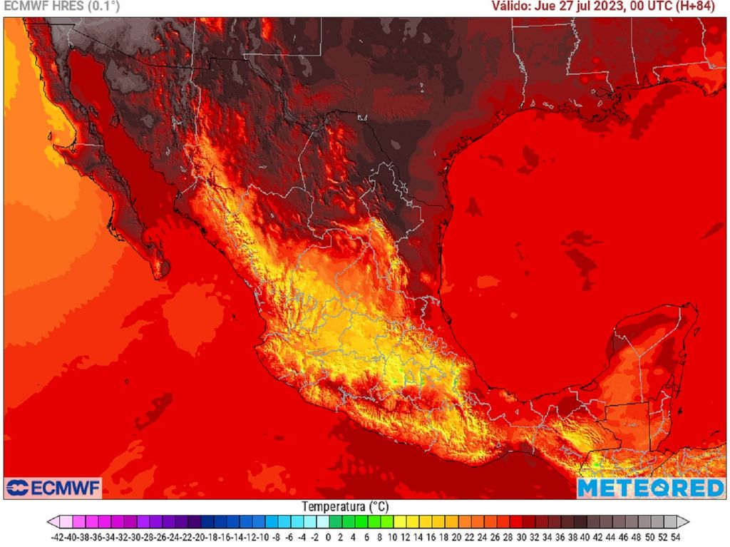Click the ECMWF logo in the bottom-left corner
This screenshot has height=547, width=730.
[x=53, y=489]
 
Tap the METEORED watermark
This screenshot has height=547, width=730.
[x=650, y=488]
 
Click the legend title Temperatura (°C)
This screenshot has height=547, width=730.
[x=345, y=506]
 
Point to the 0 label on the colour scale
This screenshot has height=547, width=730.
[x=328, y=537]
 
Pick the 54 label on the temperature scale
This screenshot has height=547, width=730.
[x=675, y=537]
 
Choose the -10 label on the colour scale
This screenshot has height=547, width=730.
[x=264, y=537]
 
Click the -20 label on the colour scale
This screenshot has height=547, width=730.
[x=200, y=537]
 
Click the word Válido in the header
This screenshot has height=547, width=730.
[x=512, y=6]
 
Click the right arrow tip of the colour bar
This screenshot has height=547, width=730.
[x=686, y=521]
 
